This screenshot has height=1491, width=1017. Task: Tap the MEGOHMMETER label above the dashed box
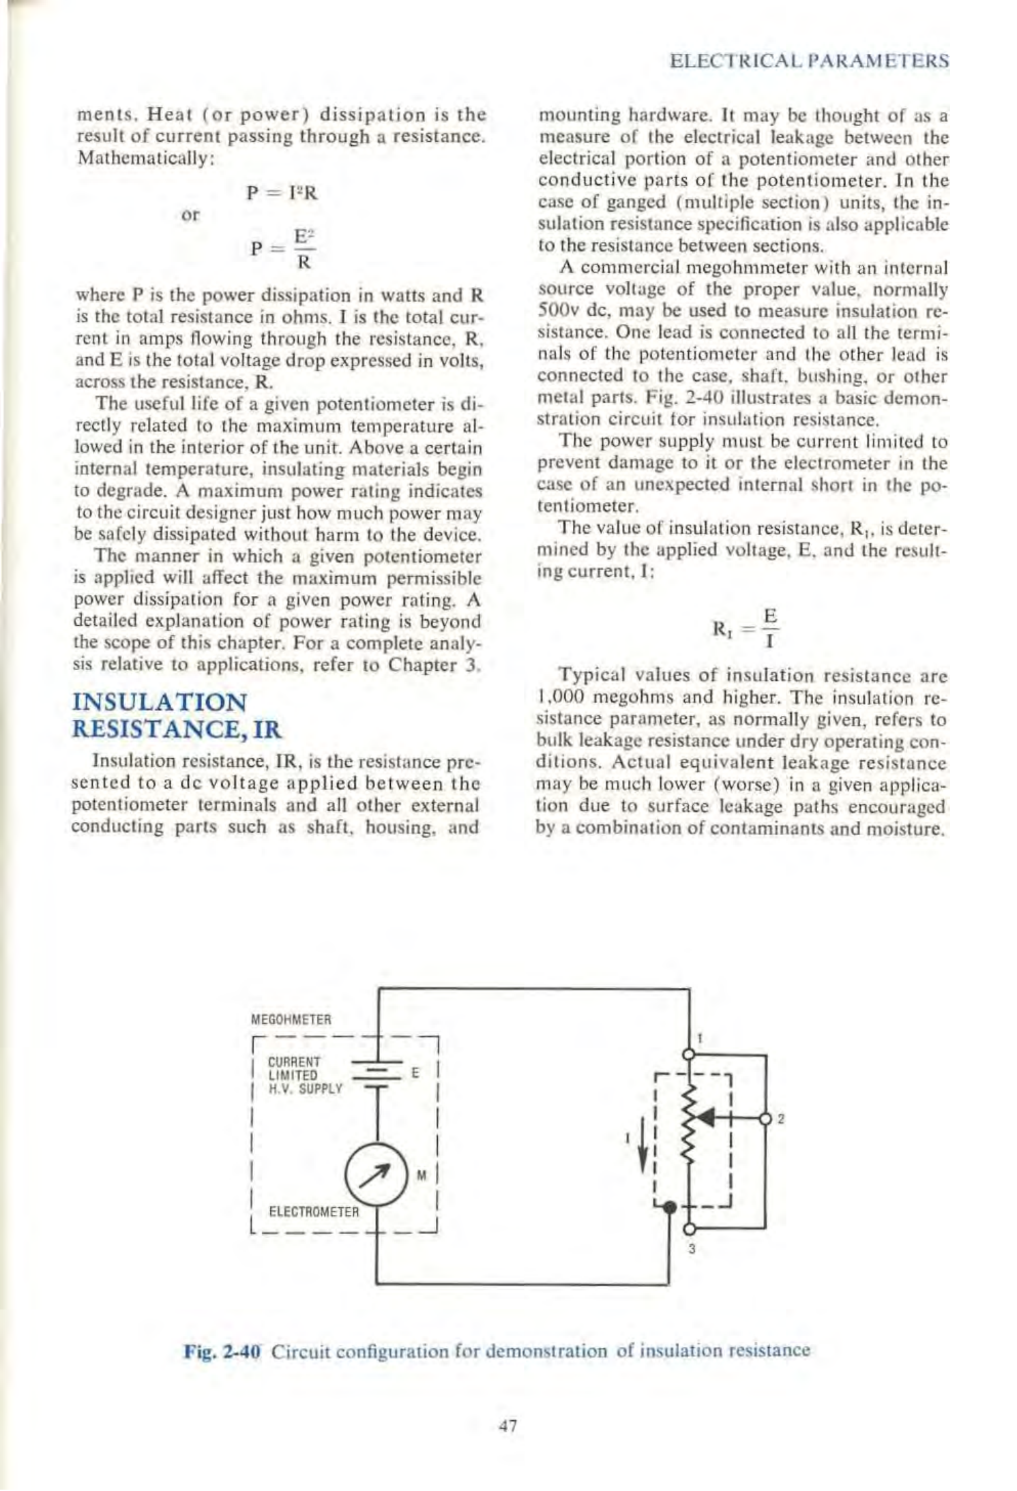291,1020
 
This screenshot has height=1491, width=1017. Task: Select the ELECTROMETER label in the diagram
314,1211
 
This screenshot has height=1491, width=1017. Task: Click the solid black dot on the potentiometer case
670,1207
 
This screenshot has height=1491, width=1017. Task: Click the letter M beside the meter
422,1175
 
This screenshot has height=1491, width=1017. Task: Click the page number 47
508,1426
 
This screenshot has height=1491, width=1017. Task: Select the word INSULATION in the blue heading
160,702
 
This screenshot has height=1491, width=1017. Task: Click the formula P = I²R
282,193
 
